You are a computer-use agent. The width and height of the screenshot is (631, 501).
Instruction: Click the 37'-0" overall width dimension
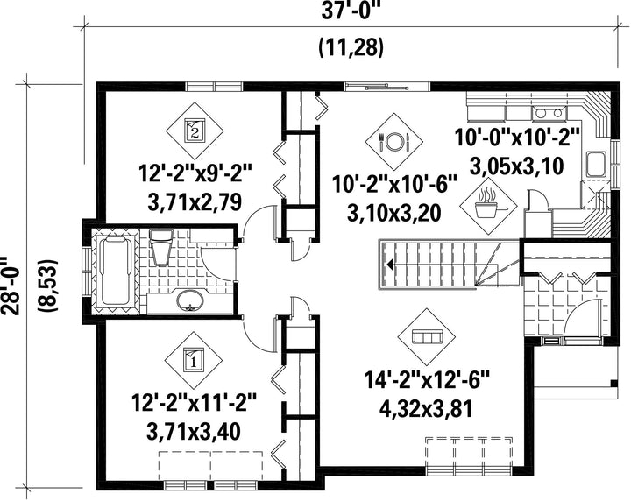(x=351, y=11)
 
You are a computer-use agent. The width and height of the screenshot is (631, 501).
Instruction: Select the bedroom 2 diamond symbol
(x=195, y=131)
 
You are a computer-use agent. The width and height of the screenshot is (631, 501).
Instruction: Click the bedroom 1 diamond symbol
(x=195, y=360)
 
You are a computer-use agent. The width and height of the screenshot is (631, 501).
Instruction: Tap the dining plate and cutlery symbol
(x=394, y=141)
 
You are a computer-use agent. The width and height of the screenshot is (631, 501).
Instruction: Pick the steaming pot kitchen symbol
(x=489, y=206)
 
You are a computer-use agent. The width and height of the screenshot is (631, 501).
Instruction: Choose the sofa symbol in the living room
(x=427, y=337)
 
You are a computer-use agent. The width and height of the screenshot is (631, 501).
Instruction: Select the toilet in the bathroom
(x=161, y=247)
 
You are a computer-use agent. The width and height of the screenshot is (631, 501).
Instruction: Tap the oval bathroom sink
(x=190, y=300)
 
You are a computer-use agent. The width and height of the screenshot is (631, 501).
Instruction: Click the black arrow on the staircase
(x=390, y=265)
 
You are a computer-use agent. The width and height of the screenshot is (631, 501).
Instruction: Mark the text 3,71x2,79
(x=195, y=201)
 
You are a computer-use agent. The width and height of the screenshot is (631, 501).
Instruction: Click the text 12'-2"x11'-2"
(x=194, y=403)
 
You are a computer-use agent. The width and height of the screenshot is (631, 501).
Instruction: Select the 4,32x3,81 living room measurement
(x=426, y=410)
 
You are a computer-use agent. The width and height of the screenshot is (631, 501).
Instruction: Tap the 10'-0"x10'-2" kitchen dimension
(x=518, y=138)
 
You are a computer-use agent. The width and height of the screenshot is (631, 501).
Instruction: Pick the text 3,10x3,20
(x=394, y=214)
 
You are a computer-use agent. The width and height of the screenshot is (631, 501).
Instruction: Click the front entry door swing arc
(x=582, y=314)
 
